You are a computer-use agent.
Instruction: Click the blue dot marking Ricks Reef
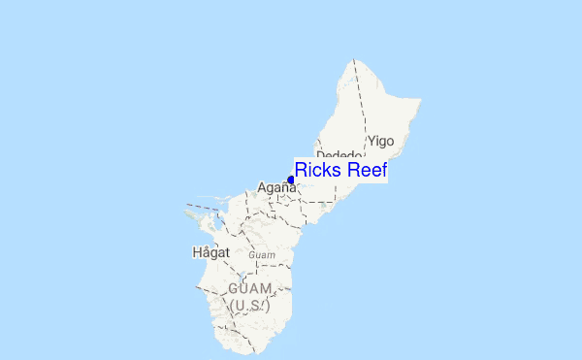[291, 180]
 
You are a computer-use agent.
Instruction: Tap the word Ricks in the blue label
[316, 171]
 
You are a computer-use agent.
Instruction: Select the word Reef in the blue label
[364, 171]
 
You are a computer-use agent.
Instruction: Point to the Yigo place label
[380, 141]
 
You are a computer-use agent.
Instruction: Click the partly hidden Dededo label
[339, 155]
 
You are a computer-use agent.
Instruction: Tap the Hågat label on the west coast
[210, 252]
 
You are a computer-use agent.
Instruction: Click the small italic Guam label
[262, 255]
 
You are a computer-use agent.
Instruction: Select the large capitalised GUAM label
[250, 289]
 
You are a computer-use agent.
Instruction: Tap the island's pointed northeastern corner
[419, 99]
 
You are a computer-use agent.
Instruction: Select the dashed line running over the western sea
[204, 206]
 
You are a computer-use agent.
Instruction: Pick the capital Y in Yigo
[371, 141]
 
